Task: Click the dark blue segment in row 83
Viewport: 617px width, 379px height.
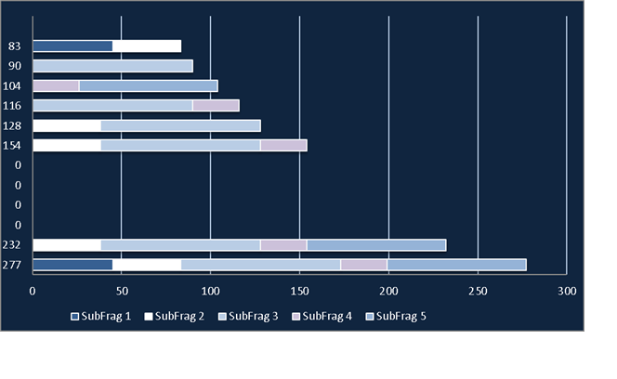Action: click(72, 46)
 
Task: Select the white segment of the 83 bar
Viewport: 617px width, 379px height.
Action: click(147, 46)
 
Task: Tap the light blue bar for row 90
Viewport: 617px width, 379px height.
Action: click(113, 66)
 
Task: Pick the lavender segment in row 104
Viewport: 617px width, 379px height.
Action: click(57, 85)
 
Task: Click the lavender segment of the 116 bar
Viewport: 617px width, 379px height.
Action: click(216, 106)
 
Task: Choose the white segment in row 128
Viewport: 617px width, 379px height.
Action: click(67, 125)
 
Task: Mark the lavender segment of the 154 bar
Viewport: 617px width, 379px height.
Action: click(283, 145)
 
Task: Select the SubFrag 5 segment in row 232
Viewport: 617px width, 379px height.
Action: click(376, 245)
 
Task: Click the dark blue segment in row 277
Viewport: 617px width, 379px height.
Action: click(72, 265)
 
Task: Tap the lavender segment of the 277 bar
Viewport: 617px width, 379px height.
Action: click(364, 265)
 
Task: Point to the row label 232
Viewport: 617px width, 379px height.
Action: click(11, 245)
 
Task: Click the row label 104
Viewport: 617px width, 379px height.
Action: click(11, 85)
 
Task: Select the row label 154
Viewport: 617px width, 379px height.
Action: click(11, 145)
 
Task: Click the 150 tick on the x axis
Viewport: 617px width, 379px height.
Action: click(299, 292)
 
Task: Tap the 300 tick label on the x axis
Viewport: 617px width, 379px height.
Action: click(567, 292)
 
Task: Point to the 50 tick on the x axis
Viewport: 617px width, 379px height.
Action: click(122, 292)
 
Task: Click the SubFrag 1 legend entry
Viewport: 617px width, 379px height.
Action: click(100, 317)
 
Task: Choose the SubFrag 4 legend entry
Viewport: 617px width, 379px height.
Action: click(322, 317)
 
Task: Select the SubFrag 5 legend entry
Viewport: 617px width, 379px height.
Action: click(396, 317)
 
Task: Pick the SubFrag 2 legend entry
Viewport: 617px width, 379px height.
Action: click(175, 317)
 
